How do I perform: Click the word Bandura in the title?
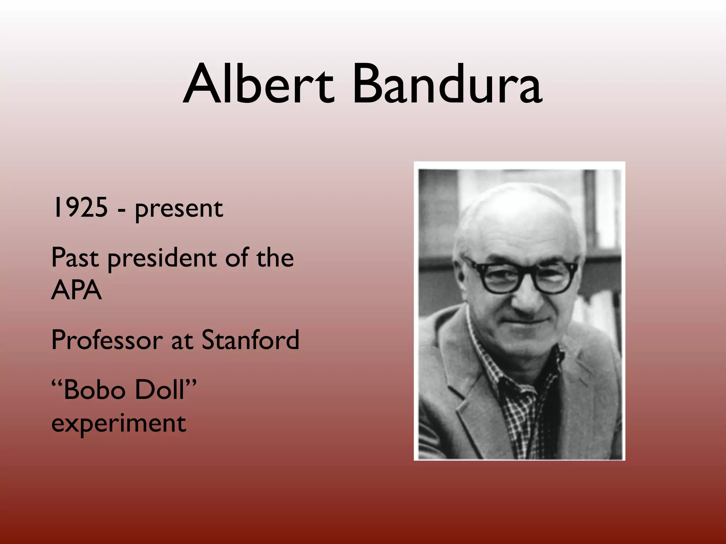click(x=447, y=85)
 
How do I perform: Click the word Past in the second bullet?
click(x=75, y=257)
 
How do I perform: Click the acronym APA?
click(x=76, y=290)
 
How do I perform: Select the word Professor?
click(x=107, y=340)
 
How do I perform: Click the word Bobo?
click(x=94, y=390)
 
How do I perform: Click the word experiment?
click(x=118, y=424)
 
